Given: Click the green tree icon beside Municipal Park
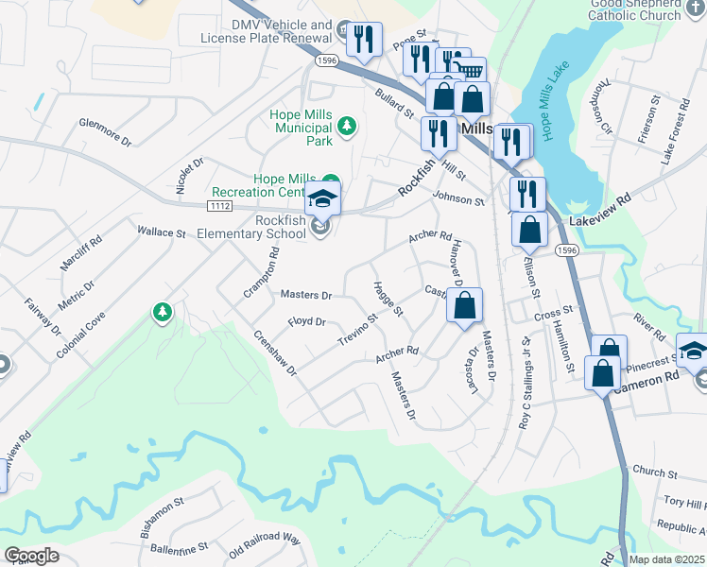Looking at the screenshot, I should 347,125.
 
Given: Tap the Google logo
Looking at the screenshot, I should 31,556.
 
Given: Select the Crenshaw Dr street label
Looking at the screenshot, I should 275,352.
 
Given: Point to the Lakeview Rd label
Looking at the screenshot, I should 599,221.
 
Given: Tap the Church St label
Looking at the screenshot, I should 649,471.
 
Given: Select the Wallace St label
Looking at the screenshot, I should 161,232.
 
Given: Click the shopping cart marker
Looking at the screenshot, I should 470,68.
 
